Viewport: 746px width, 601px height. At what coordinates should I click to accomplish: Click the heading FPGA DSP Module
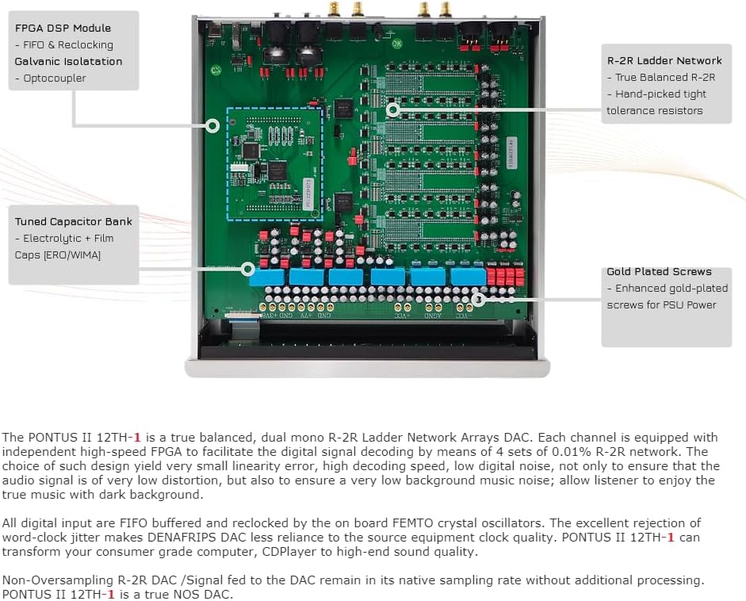coord(63,28)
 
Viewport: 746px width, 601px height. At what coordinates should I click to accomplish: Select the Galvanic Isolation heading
coord(68,61)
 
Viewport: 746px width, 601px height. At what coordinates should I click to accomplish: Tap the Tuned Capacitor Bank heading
coord(74,221)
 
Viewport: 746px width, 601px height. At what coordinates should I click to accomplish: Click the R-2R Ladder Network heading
coord(664,60)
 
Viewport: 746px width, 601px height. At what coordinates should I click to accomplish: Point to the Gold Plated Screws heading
coord(659,271)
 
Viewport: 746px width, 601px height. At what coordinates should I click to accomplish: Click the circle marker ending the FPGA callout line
coord(212,125)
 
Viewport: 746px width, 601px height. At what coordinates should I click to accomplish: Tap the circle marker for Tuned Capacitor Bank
coord(247,269)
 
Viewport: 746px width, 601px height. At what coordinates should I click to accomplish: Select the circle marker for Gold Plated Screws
coord(477,299)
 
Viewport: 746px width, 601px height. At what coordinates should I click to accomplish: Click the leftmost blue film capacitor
coord(266,277)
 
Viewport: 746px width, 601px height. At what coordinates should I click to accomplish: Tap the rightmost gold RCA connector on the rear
coord(446,9)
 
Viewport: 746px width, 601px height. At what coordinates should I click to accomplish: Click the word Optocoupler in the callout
coord(54,78)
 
